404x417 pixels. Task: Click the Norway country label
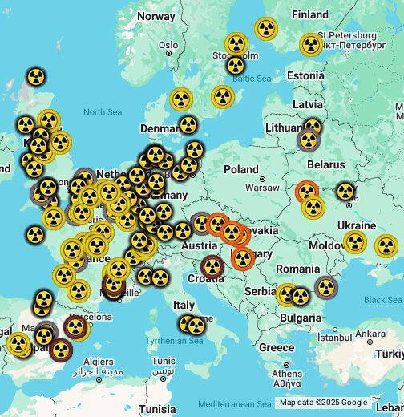point(156,16)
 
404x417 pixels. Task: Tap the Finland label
point(310,14)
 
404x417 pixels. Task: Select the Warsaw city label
point(261,188)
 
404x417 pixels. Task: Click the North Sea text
point(102,112)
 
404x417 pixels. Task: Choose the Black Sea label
point(382,299)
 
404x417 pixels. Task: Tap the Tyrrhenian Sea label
point(174,341)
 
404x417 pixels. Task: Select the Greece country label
point(277,347)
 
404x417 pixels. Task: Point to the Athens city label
point(287,374)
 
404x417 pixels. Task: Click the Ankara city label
point(370,333)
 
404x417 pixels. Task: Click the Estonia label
point(305,76)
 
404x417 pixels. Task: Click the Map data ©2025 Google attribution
point(323,403)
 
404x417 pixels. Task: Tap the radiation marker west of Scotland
point(35,77)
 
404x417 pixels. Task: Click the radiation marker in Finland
point(266,29)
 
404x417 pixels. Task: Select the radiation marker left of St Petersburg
point(311,44)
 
